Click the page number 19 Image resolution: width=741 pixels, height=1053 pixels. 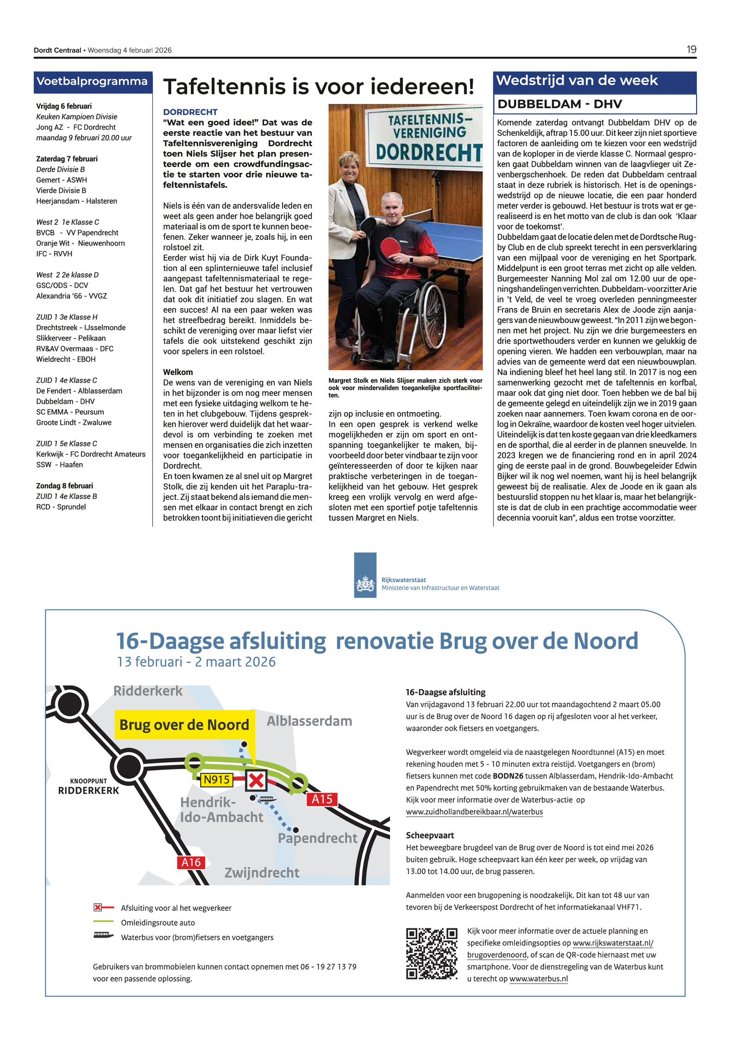(x=691, y=50)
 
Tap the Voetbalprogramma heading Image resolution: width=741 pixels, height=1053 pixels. (x=92, y=81)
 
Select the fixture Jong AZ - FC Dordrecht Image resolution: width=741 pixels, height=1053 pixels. (x=76, y=127)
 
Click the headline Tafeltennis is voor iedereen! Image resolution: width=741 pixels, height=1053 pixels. (x=319, y=87)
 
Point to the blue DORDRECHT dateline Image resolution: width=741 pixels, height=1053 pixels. (x=190, y=112)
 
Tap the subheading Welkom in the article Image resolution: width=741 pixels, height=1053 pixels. (x=178, y=372)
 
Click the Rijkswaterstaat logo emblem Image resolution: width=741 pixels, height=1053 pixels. (x=365, y=583)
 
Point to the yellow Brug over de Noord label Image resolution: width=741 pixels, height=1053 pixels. (x=184, y=725)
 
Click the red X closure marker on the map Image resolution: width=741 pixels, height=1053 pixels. (x=256, y=781)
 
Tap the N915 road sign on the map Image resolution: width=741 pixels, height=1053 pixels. (x=217, y=780)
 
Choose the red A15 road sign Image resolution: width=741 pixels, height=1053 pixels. (x=322, y=799)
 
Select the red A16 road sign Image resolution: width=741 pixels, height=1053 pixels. (x=191, y=862)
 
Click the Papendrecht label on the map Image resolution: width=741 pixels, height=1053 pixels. (x=317, y=838)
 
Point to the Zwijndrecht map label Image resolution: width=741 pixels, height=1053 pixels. (x=262, y=873)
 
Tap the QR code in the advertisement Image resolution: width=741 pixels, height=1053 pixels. (x=432, y=953)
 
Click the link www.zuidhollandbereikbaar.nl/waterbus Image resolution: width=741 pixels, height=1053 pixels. (x=474, y=812)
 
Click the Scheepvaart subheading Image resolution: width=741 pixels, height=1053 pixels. (x=430, y=835)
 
